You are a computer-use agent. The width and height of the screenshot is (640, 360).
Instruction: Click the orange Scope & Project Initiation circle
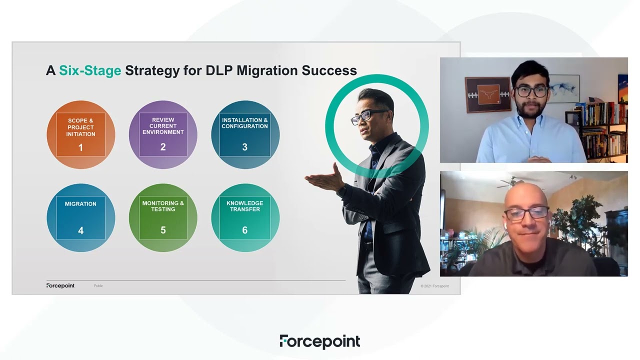coord(81,134)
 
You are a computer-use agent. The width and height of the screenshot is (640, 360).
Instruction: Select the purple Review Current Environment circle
coord(163,134)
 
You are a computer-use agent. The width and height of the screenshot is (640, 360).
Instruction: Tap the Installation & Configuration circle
coord(245,134)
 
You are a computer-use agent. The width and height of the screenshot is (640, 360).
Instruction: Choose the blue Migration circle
coord(81,217)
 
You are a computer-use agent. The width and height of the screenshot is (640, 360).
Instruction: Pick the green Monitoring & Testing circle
coord(163,217)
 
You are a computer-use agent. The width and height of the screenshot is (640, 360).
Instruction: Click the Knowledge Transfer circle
coord(245,217)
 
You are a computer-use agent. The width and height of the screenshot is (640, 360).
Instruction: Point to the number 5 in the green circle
coord(163,230)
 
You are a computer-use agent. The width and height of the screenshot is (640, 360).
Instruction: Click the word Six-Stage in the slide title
coord(90,70)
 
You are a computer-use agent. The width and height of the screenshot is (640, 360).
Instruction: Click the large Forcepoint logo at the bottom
coord(319,341)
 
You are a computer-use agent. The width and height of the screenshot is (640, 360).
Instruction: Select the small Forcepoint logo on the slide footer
coord(60,285)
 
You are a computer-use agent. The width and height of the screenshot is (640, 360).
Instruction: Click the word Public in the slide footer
coord(98,286)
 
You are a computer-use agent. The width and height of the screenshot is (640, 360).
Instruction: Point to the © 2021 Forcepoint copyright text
coord(434,286)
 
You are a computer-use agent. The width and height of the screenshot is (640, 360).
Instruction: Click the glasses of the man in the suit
coord(369,116)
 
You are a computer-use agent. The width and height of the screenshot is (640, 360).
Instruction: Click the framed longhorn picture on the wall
coord(487,94)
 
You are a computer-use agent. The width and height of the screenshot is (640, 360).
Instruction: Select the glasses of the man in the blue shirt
coord(531,91)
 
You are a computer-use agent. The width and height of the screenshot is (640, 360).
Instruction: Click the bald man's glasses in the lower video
coord(526,213)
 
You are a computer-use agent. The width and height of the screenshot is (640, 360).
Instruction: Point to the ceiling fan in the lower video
coord(515,183)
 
